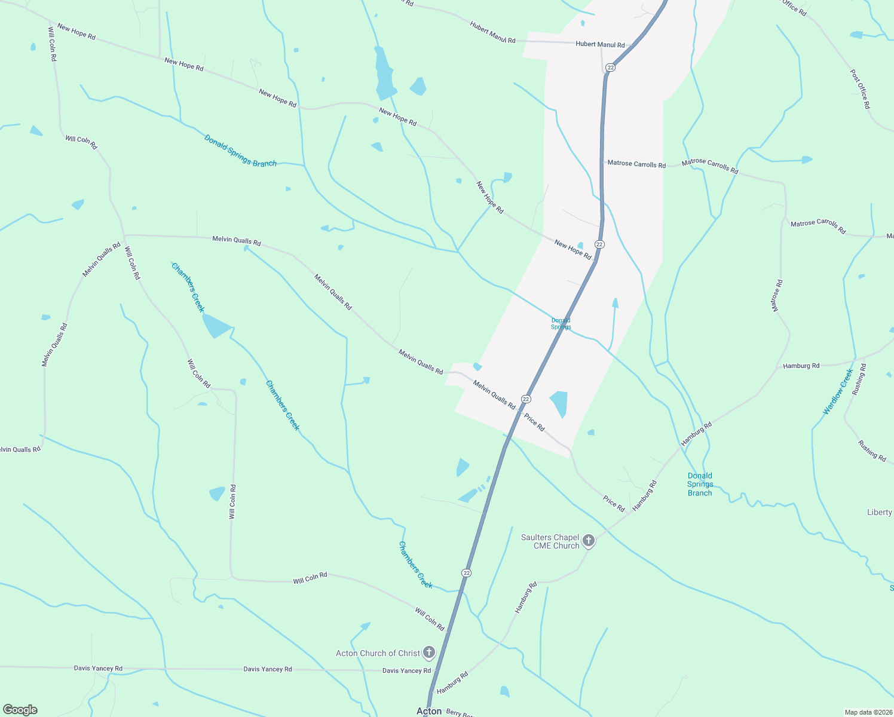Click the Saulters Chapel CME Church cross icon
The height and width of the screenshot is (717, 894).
point(589,541)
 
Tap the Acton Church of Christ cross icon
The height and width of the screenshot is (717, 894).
point(428,652)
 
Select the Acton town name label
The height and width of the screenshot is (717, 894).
point(429,711)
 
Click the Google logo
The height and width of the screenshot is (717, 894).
point(20,710)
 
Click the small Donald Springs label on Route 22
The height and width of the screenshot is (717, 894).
point(561,324)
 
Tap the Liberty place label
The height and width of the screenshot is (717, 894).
point(879,512)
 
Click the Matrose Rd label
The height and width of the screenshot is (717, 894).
point(777,296)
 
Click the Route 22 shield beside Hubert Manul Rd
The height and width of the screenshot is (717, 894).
point(610,68)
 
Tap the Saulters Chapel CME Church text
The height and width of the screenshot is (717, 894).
point(550,541)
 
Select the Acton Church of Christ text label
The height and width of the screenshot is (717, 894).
point(378,653)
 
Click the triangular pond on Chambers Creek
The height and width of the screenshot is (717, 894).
point(216,326)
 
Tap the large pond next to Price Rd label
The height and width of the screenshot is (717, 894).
point(559,403)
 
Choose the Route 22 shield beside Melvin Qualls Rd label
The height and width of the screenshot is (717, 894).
point(526,399)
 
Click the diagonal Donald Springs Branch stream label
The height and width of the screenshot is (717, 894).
point(240,151)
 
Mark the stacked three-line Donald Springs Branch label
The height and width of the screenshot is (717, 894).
point(700,485)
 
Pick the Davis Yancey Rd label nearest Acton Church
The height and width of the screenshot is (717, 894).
point(406,671)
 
